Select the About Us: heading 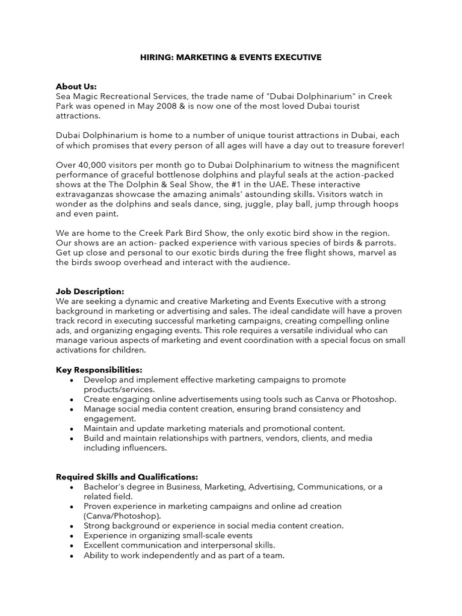pyautogui.click(x=76, y=86)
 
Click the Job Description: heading pyautogui.click(x=90, y=291)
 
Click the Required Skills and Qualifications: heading pyautogui.click(x=127, y=476)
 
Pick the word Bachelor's pyautogui.click(x=104, y=487)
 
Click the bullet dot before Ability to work pyautogui.click(x=72, y=556)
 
